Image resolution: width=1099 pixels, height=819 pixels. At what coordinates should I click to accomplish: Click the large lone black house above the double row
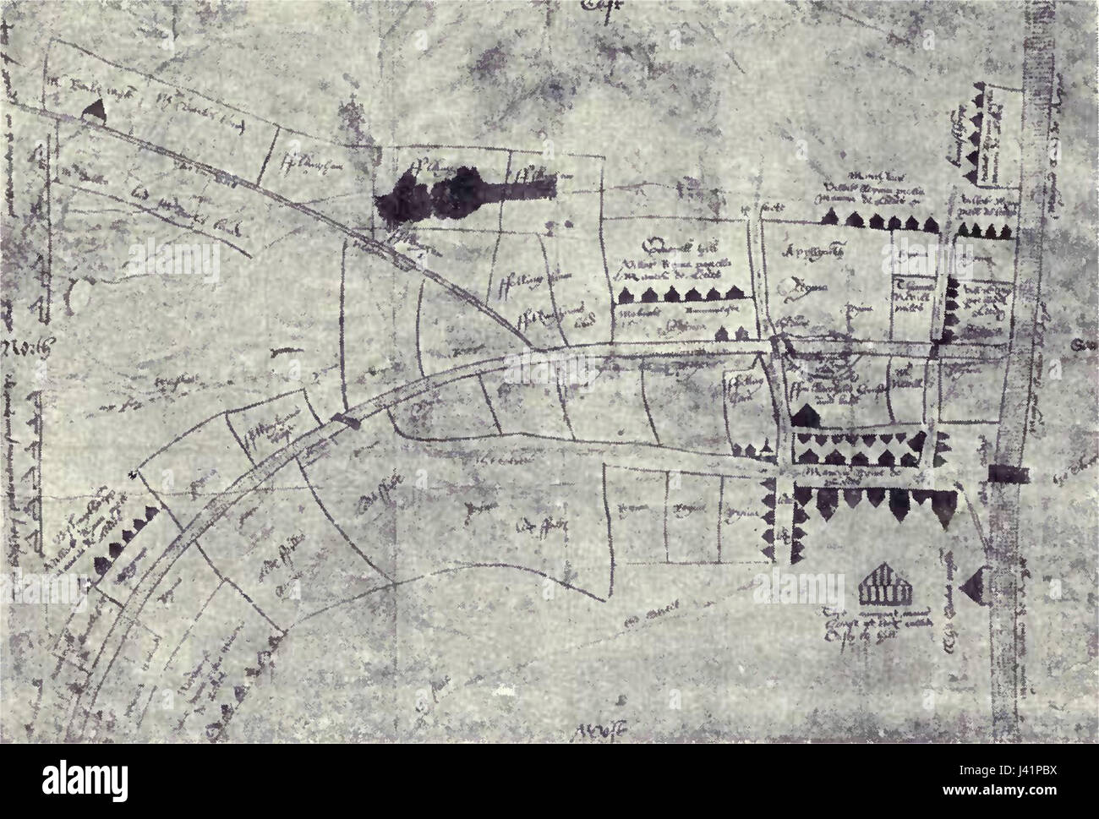pos(807,414)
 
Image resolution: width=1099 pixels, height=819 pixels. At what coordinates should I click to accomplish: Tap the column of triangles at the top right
pos(983,135)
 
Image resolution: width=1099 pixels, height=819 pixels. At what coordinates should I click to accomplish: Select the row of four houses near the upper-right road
pos(982,231)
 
